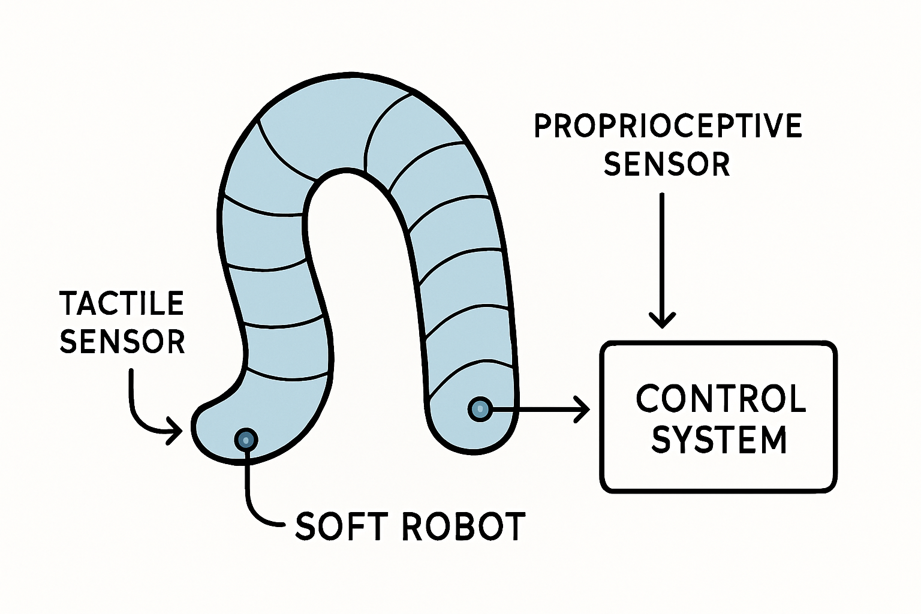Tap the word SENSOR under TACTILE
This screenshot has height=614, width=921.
point(122,342)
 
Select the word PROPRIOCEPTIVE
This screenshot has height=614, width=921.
point(667,127)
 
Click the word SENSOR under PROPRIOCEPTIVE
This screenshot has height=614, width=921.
point(667,164)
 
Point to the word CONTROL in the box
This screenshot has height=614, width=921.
point(721,399)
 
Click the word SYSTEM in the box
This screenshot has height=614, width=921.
point(719,440)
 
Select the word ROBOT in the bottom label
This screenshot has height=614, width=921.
point(463,527)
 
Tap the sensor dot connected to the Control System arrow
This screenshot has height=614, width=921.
point(479,410)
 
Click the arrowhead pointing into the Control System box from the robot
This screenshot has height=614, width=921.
point(582,410)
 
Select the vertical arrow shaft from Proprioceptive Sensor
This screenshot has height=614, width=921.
point(662,252)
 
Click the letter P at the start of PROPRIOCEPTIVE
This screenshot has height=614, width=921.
point(543,127)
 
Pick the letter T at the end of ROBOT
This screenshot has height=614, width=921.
point(514,527)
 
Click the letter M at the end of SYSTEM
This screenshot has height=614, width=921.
point(773,440)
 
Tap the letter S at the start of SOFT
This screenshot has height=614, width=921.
point(306,527)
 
